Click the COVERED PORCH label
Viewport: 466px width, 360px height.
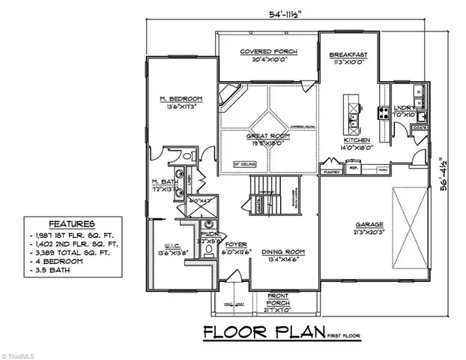tap(267, 52)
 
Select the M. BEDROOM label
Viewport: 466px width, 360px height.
tap(181, 99)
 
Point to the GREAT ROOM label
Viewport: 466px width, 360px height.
tap(267, 136)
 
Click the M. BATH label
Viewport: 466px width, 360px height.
tap(163, 182)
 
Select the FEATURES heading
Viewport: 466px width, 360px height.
tap(71, 223)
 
